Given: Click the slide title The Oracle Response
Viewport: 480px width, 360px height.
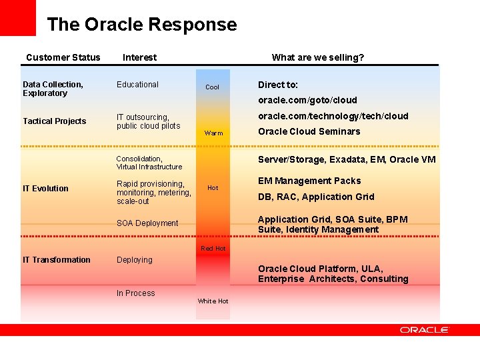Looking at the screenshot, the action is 141,25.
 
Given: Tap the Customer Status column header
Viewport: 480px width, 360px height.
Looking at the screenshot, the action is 63,57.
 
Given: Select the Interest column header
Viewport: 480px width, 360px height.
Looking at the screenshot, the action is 139,57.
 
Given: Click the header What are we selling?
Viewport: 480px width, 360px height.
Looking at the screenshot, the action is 317,57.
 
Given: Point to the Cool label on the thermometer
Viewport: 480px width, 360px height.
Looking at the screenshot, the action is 212,87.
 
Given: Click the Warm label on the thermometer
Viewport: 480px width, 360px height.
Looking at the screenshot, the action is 213,133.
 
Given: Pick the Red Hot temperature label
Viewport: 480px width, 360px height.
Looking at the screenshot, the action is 213,249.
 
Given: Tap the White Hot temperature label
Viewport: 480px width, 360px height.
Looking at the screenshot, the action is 213,301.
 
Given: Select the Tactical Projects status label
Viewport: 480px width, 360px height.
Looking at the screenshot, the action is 54,121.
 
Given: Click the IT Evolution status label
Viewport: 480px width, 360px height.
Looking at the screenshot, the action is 45,189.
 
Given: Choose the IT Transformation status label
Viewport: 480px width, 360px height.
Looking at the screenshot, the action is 56,260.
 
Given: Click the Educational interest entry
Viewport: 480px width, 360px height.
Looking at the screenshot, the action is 137,85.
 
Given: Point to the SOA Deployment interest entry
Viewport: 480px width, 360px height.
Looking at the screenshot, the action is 147,223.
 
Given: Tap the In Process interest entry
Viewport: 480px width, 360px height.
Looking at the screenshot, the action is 135,293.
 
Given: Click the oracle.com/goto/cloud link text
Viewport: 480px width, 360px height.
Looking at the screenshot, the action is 307,101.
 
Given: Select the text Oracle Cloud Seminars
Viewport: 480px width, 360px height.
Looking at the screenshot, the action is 309,131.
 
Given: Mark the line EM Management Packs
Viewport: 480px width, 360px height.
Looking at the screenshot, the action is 309,181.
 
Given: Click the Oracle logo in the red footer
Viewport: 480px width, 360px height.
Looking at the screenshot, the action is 424,330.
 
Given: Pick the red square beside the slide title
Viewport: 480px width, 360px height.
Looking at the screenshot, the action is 17,17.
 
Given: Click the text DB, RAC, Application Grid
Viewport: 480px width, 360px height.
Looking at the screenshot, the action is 315,197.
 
